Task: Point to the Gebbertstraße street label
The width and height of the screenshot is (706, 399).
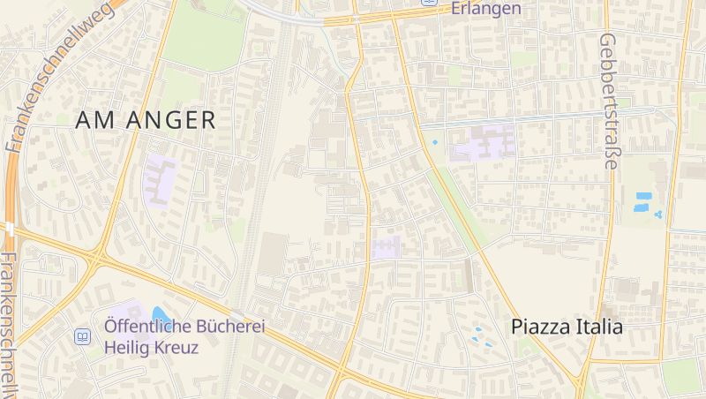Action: click(607, 102)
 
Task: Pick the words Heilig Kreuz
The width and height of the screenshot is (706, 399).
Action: click(151, 347)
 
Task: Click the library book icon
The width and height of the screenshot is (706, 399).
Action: click(82, 336)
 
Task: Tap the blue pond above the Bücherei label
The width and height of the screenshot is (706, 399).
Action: click(159, 313)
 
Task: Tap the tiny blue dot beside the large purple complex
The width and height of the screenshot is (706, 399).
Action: click(434, 142)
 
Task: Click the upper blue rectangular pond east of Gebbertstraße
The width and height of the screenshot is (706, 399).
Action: click(642, 195)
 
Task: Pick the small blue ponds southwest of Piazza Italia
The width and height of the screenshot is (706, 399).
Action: click(481, 335)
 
